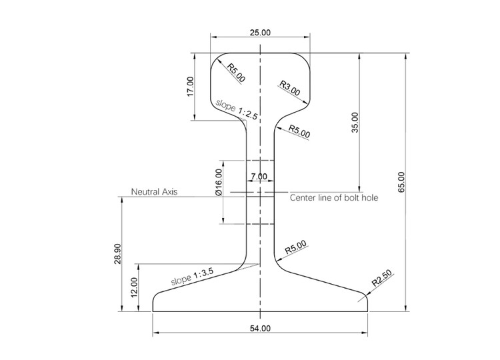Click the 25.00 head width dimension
pos(260,32)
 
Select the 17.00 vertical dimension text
pos(190,87)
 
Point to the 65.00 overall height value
pos(401,183)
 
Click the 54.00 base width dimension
pos(260,328)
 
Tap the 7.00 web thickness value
pos(259,177)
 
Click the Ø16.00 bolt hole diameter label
pos(218,182)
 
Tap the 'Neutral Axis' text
pos(153,191)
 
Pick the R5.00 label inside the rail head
pos(236,73)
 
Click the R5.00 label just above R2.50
pos(295,248)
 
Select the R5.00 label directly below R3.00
pos(299,130)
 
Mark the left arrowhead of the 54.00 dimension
pos(155,332)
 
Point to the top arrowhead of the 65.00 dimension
pos(404,56)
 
